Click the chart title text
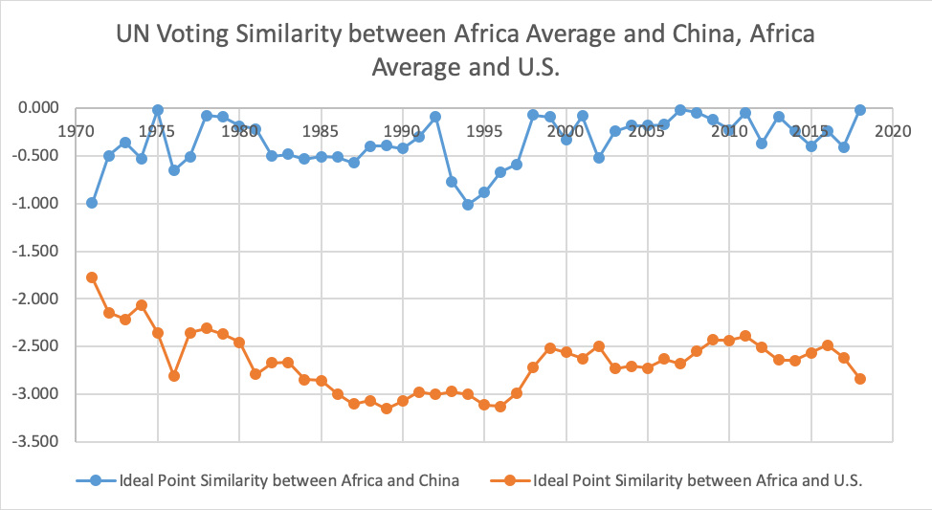pyautogui.click(x=465, y=51)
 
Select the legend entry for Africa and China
pyautogui.click(x=268, y=480)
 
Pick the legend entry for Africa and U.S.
pyautogui.click(x=677, y=480)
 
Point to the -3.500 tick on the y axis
pyautogui.click(x=36, y=442)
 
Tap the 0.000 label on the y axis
pyautogui.click(x=38, y=107)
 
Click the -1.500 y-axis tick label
pyautogui.click(x=36, y=251)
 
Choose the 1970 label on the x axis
pyautogui.click(x=76, y=131)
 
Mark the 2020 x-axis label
pyautogui.click(x=892, y=131)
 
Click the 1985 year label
pyautogui.click(x=321, y=131)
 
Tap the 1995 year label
pyautogui.click(x=484, y=131)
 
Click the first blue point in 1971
pyautogui.click(x=92, y=203)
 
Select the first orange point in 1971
pyautogui.click(x=92, y=277)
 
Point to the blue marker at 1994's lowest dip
pyautogui.click(x=468, y=205)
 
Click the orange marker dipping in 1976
pyautogui.click(x=174, y=376)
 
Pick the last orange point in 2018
pyautogui.click(x=859, y=379)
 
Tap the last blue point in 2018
pyautogui.click(x=859, y=110)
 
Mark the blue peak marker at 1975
pyautogui.click(x=158, y=110)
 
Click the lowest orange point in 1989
pyautogui.click(x=387, y=409)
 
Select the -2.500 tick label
pyautogui.click(x=36, y=346)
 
